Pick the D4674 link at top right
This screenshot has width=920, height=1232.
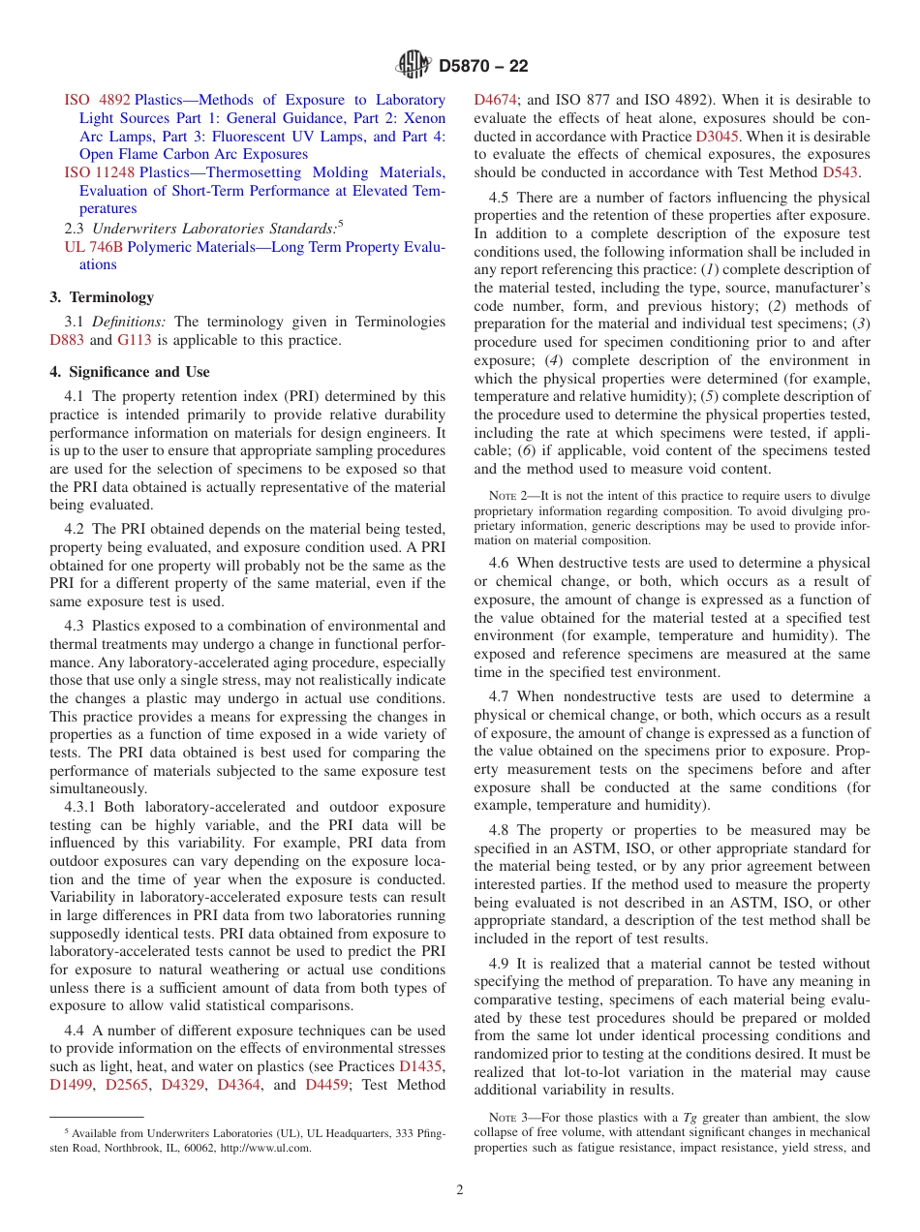click(x=496, y=100)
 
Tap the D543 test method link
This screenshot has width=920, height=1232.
click(x=841, y=172)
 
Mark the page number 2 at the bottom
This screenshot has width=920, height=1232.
click(x=460, y=1190)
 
